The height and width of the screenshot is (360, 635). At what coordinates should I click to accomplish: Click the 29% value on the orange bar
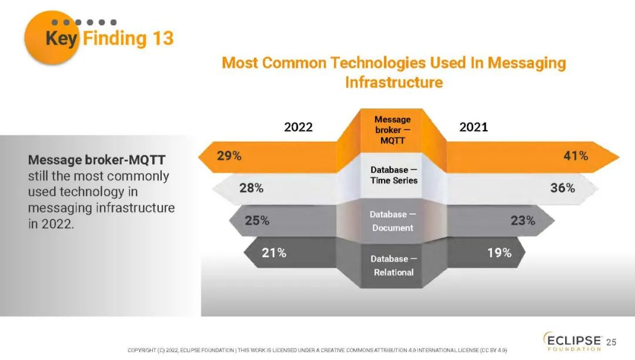click(x=229, y=156)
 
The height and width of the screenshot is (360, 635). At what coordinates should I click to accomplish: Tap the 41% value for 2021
click(x=576, y=156)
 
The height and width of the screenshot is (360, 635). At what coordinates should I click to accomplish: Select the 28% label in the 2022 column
click(x=251, y=188)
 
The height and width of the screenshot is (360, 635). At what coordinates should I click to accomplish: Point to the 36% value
click(x=562, y=188)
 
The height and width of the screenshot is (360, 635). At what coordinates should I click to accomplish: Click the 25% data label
click(x=257, y=221)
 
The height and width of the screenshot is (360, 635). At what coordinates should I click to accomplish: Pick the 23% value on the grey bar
click(x=523, y=221)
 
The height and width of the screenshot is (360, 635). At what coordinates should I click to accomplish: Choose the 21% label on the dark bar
click(x=274, y=253)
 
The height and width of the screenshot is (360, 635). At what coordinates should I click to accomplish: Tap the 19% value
click(x=499, y=253)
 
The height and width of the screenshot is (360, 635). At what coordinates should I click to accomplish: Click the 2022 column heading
click(x=298, y=127)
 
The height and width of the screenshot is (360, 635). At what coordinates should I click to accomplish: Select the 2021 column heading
click(x=473, y=127)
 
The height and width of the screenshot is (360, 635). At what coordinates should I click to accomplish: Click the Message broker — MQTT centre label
click(x=393, y=130)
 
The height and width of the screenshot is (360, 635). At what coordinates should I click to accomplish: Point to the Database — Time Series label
click(x=393, y=175)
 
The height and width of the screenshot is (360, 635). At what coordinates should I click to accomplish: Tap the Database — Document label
click(x=393, y=221)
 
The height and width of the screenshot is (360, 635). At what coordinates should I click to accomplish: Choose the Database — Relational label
click(x=393, y=265)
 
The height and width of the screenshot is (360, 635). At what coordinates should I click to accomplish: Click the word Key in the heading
click(x=62, y=39)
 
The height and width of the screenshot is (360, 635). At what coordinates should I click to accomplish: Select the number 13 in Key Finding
click(x=163, y=39)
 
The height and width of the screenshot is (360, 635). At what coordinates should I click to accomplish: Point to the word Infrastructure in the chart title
click(x=393, y=82)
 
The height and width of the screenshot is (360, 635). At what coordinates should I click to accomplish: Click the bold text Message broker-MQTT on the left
click(x=96, y=160)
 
